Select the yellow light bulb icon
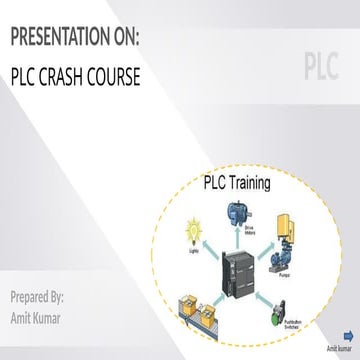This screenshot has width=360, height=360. pos(187,234)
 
